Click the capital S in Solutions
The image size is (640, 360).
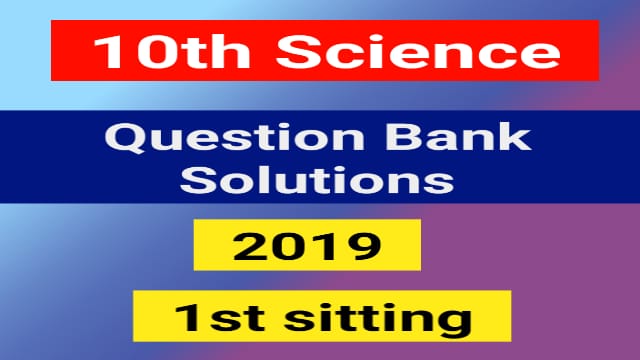[x=207, y=180]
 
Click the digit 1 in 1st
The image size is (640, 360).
[x=182, y=319]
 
